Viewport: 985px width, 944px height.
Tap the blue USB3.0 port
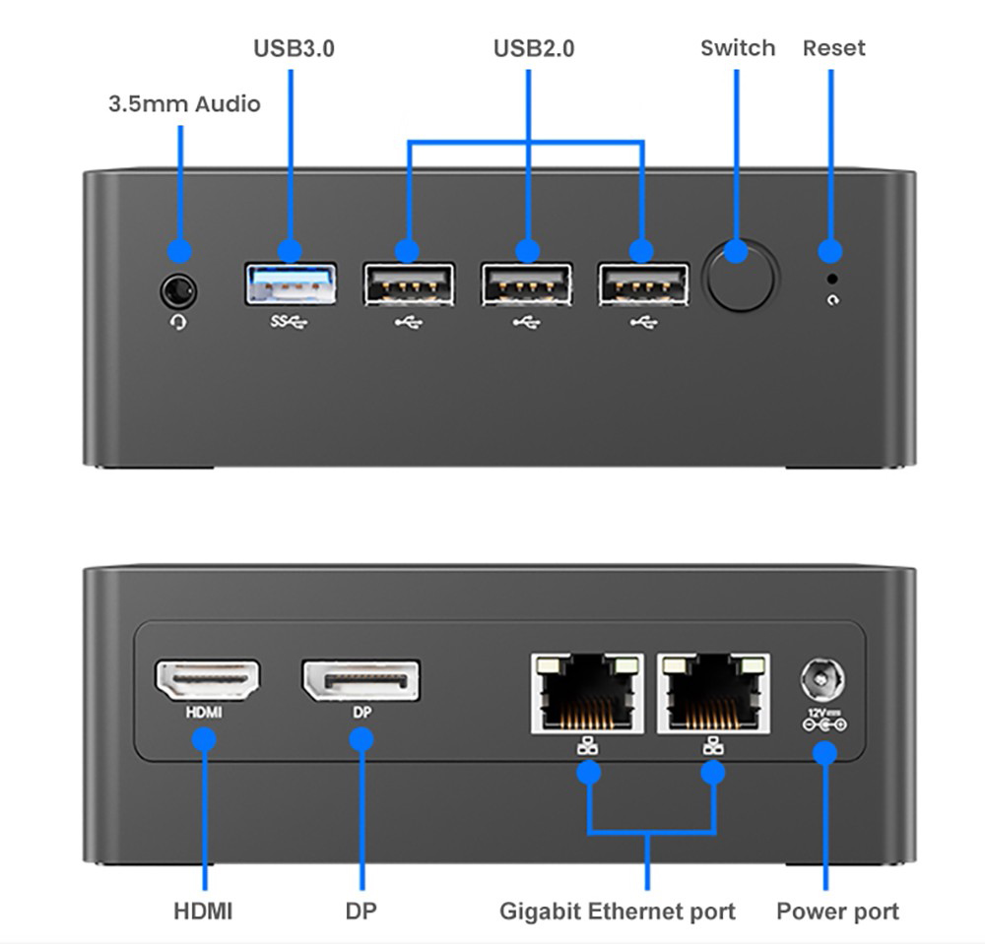(291, 283)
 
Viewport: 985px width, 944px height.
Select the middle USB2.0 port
(527, 284)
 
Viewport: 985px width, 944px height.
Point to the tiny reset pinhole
(832, 280)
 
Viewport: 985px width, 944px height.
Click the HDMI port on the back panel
(208, 680)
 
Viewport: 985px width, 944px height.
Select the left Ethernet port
(587, 693)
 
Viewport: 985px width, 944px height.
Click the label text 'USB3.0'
(294, 48)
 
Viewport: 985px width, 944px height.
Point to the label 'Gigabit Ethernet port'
(618, 911)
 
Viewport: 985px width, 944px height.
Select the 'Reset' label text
(833, 48)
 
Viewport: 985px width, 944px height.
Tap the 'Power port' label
(837, 911)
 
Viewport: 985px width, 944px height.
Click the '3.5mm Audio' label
(184, 103)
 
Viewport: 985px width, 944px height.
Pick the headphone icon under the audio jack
(178, 322)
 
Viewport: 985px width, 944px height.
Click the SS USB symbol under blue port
(289, 321)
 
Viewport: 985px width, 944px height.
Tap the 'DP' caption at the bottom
(361, 911)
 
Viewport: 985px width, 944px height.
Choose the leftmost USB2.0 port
(408, 284)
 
